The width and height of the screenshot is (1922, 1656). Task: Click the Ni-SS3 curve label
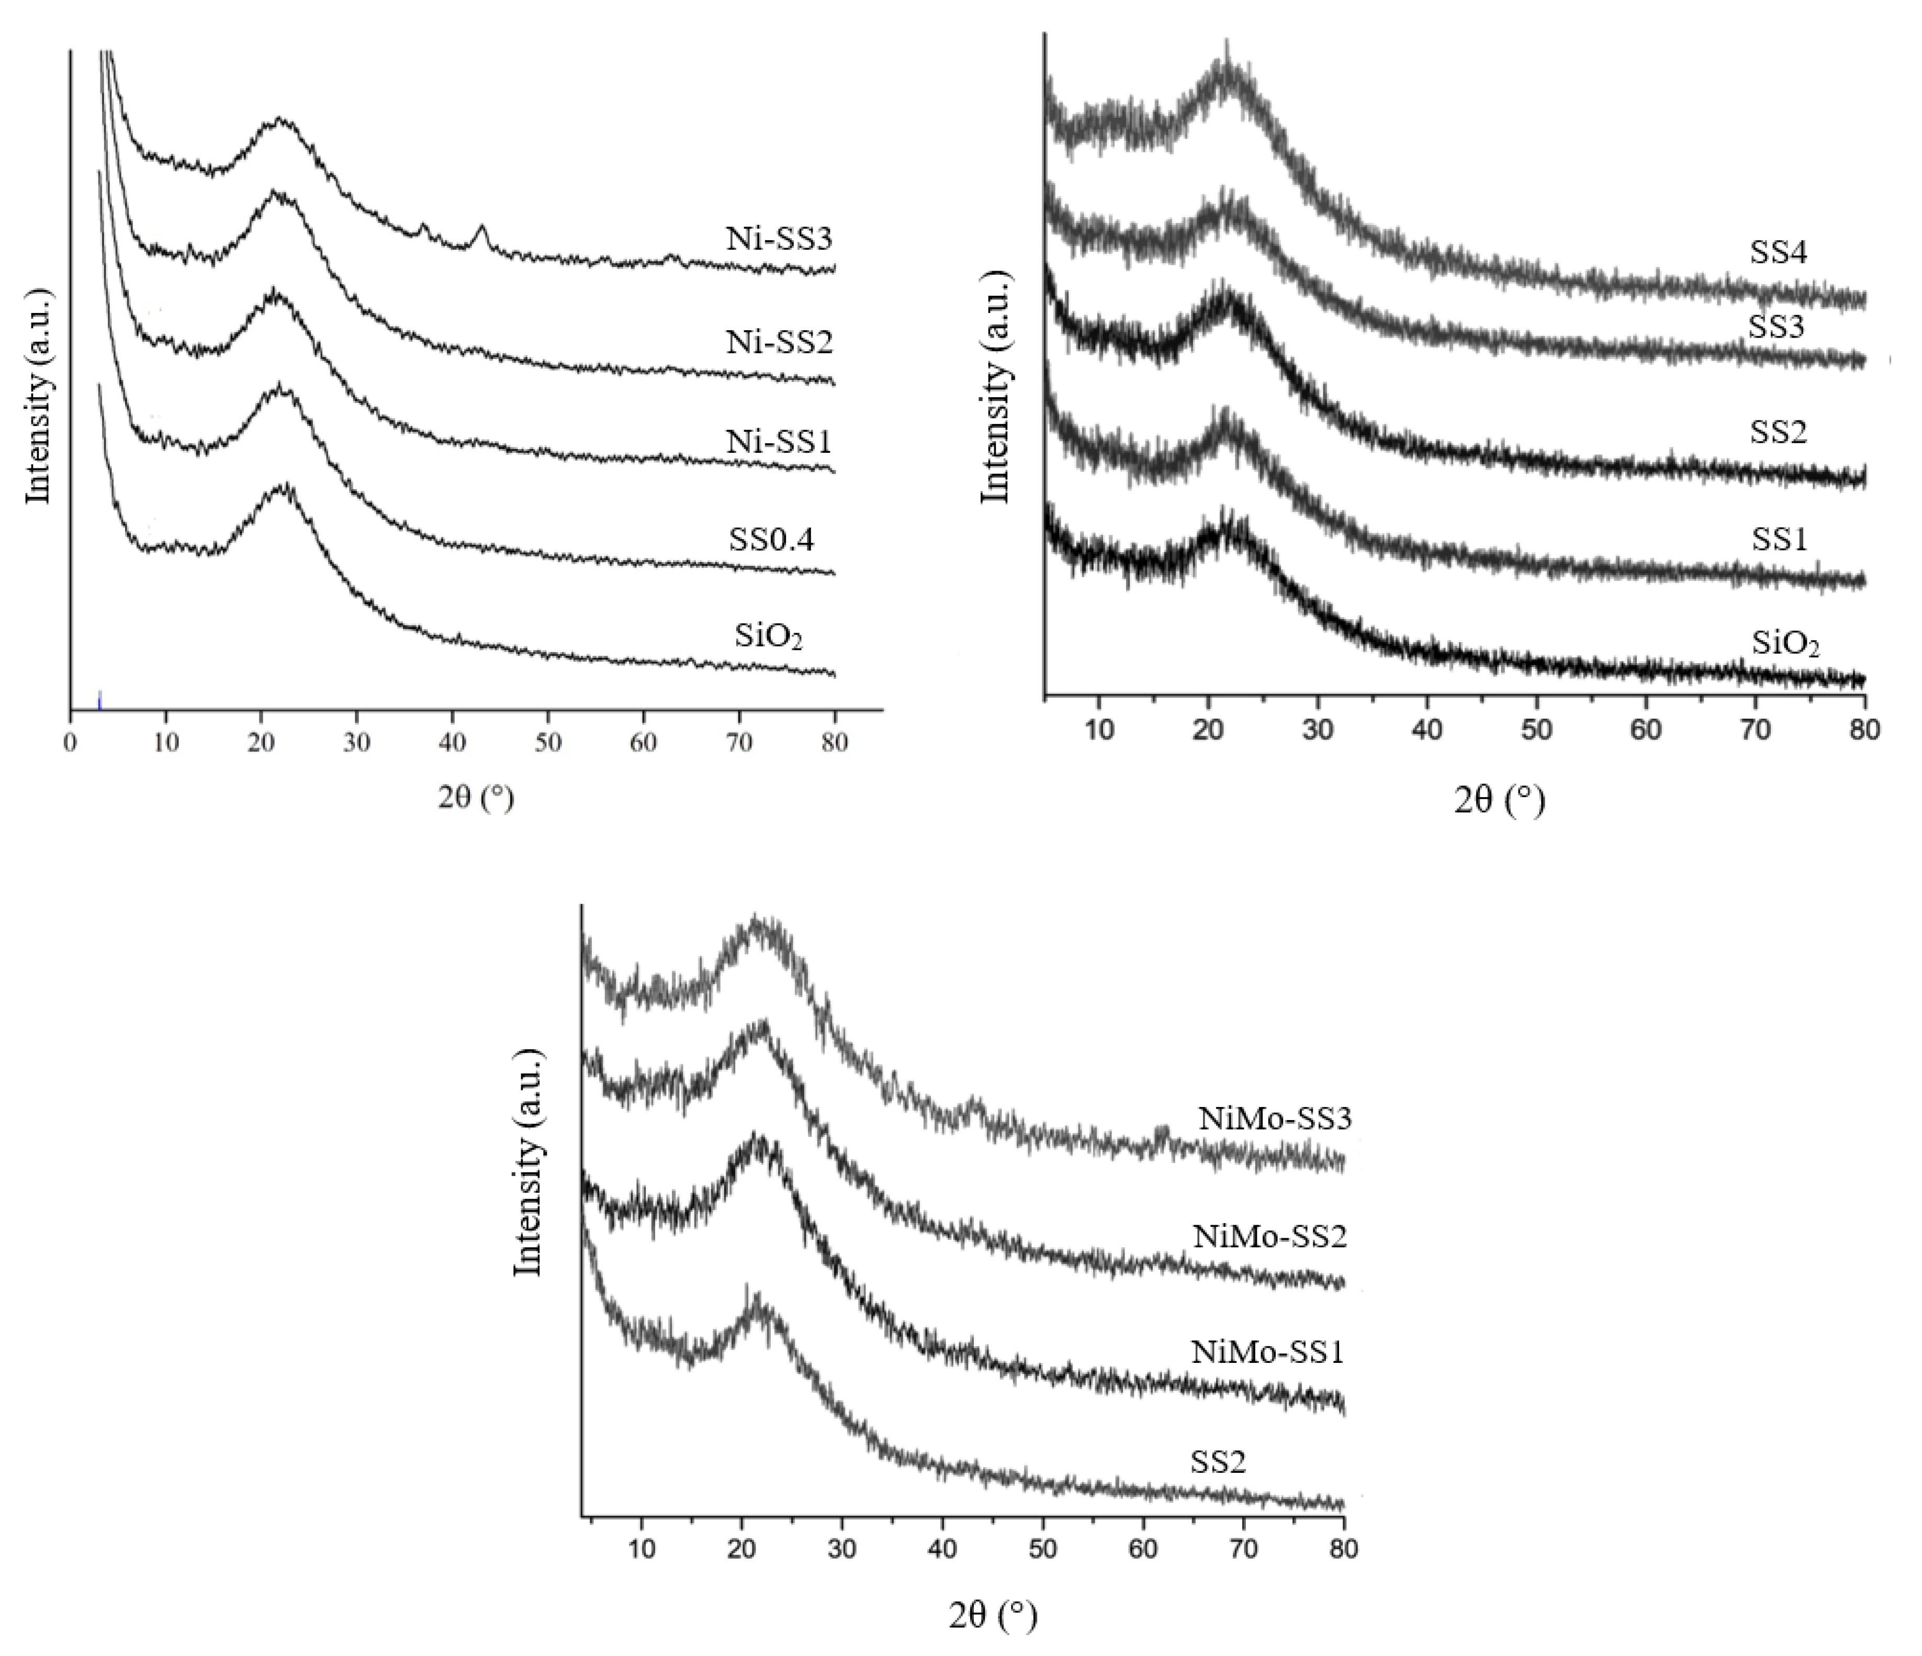(779, 239)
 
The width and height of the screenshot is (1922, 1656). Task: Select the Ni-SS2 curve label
(779, 342)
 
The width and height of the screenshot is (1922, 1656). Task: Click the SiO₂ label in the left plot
(768, 639)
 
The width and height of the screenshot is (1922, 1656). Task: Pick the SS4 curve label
(1778, 252)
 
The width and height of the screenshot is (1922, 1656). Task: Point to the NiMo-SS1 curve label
(1267, 1352)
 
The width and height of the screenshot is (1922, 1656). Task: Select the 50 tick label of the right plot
(1537, 729)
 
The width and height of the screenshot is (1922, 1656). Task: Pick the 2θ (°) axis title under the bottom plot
(993, 1617)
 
